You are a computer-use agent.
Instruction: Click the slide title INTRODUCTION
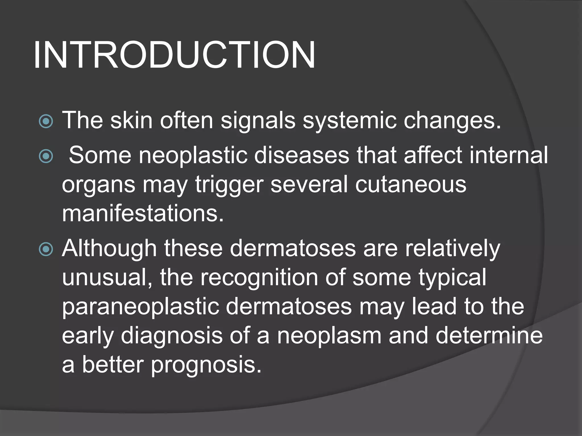pyautogui.click(x=174, y=55)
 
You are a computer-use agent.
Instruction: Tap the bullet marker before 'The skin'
pyautogui.click(x=46, y=121)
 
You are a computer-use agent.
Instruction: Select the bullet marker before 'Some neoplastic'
pyautogui.click(x=46, y=156)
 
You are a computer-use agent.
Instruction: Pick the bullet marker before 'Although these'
pyautogui.click(x=46, y=249)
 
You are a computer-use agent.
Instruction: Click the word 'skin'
pyautogui.click(x=131, y=121)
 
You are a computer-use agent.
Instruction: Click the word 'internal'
pyautogui.click(x=509, y=155)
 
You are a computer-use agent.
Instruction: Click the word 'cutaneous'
pyautogui.click(x=411, y=185)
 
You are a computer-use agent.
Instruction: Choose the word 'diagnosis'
pyautogui.click(x=172, y=336)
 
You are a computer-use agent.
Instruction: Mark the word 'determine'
pyautogui.click(x=489, y=336)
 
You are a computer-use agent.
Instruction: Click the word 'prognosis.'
pyautogui.click(x=206, y=365)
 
